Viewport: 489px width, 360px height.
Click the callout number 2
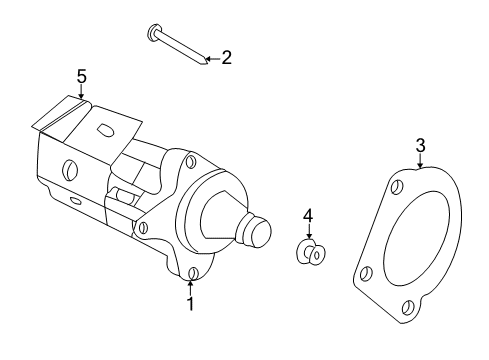226,58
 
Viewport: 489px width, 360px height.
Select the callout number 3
421,146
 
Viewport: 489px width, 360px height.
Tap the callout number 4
309,214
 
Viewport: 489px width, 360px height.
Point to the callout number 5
81,75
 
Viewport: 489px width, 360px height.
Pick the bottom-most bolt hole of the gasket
408,308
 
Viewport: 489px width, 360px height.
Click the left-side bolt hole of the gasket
367,271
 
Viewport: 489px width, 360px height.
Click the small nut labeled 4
311,253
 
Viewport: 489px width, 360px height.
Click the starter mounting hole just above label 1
192,272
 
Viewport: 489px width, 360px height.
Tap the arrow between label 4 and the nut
309,230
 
